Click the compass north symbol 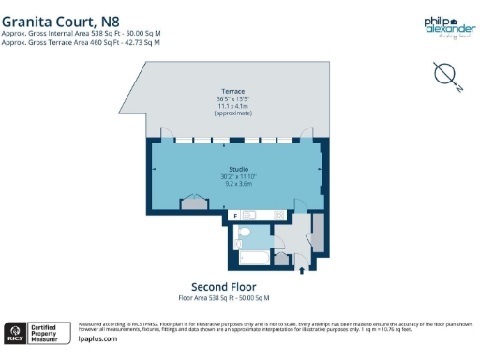pyautogui.click(x=444, y=74)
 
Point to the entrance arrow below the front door pyautogui.click(x=302, y=271)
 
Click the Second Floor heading pyautogui.click(x=224, y=287)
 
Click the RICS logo pyautogui.click(x=15, y=332)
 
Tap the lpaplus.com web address pyautogui.click(x=97, y=338)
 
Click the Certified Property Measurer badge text pyautogui.click(x=45, y=332)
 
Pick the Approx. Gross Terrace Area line pyautogui.click(x=81, y=41)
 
